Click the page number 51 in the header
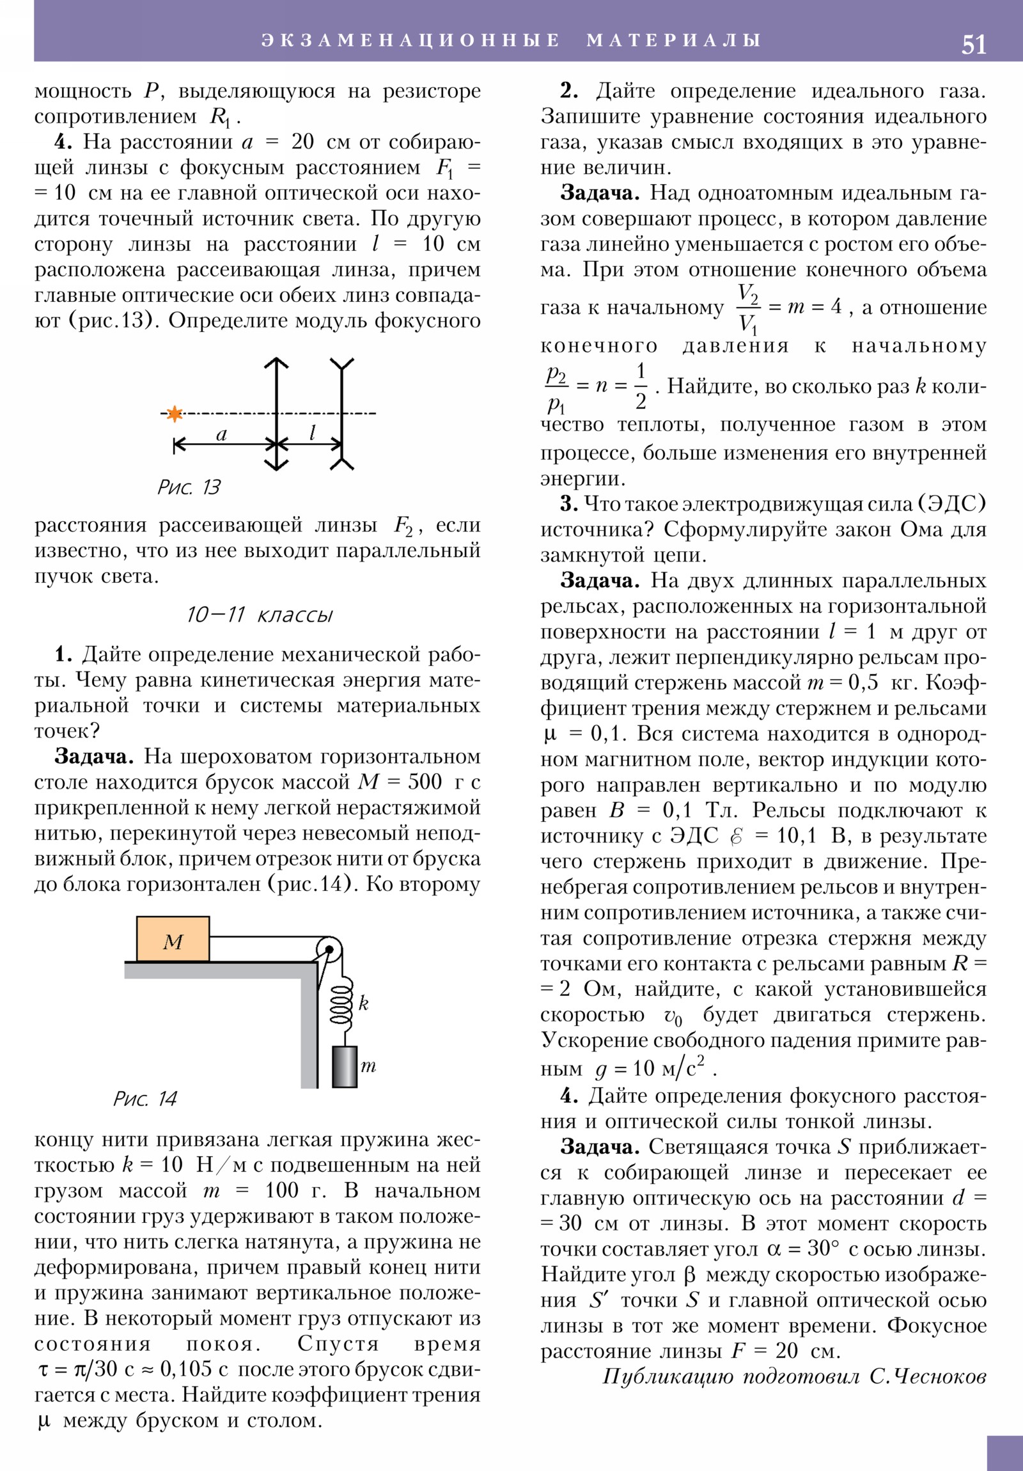(x=973, y=45)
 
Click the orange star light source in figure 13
(x=175, y=414)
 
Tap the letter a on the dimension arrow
(x=222, y=435)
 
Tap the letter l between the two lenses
(x=312, y=434)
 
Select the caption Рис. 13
(x=189, y=487)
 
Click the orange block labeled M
(x=173, y=940)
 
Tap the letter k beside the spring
(x=363, y=1003)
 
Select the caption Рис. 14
(x=144, y=1099)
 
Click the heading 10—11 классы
(x=260, y=615)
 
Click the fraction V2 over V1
(x=747, y=308)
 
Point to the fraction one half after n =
(x=640, y=386)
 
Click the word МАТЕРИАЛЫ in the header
(x=673, y=40)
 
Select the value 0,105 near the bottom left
(x=186, y=1369)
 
